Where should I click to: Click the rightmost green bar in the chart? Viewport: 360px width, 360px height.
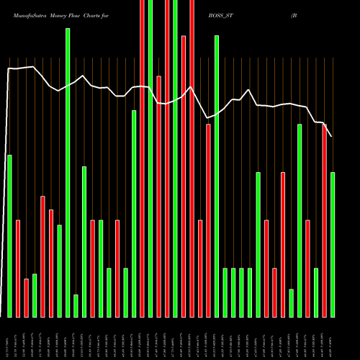333,244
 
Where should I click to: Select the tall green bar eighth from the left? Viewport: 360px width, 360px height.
68,173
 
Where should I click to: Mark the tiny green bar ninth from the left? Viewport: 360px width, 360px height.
76,305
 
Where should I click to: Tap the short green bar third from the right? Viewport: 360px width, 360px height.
316,292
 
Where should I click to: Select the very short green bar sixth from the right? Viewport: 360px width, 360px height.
292,302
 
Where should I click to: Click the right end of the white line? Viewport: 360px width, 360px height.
332,136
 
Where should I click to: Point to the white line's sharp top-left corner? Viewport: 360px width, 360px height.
9,68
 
